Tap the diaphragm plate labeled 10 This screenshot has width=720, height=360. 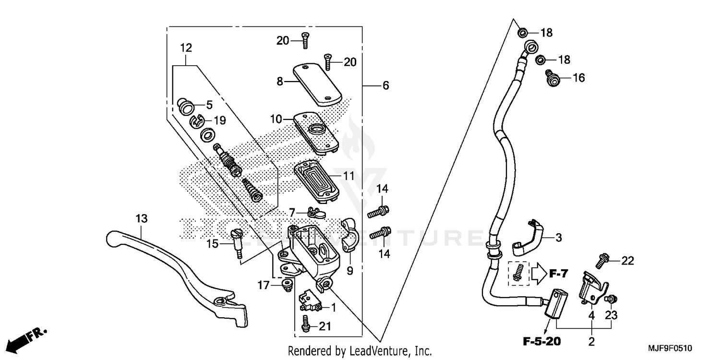click(317, 132)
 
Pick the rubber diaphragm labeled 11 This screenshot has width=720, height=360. click(317, 180)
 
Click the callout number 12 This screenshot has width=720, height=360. click(186, 48)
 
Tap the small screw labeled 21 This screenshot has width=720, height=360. click(304, 326)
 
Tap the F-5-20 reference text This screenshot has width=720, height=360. click(541, 342)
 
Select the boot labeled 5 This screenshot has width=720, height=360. click(185, 106)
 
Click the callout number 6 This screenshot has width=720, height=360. click(385, 86)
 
